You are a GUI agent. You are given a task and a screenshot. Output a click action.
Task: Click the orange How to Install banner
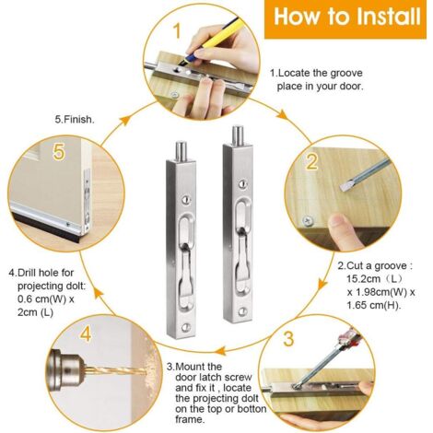[345, 19]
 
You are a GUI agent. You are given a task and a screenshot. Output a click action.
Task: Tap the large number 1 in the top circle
[177, 31]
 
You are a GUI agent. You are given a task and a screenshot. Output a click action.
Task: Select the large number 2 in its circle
[311, 162]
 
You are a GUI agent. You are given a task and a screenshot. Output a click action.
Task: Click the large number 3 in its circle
[287, 338]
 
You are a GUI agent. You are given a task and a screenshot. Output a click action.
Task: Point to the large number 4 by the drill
[85, 334]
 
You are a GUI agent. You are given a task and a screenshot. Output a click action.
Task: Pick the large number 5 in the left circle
[59, 152]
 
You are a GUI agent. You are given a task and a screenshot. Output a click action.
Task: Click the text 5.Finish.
[75, 120]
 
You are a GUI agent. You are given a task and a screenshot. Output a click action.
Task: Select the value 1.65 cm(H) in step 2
[374, 305]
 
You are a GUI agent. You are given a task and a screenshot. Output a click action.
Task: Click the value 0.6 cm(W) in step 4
[42, 299]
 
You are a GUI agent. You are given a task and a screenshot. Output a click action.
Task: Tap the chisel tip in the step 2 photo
[345, 187]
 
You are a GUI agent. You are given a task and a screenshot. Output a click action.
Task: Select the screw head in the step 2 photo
[308, 220]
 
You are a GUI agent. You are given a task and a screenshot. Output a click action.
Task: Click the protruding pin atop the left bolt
[181, 151]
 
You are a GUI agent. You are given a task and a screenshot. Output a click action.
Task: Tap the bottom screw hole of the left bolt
[185, 328]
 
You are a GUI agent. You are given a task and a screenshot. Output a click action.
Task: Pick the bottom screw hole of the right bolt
[242, 311]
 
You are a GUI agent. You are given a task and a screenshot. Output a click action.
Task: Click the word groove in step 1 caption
[346, 74]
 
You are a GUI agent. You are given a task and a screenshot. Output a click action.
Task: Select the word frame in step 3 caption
[190, 419]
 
